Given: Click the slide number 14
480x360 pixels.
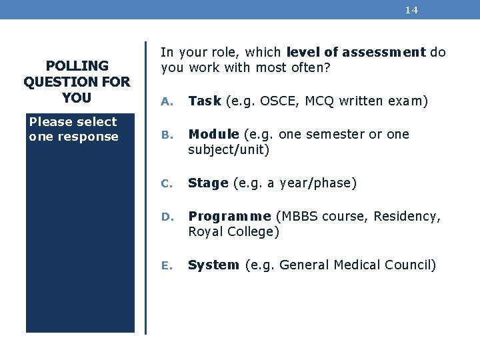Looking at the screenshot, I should click(x=411, y=10).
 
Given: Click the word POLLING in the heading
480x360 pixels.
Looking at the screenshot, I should click(x=77, y=66).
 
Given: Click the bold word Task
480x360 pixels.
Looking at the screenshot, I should click(x=205, y=101).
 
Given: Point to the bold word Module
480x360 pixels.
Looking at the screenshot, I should click(x=213, y=134).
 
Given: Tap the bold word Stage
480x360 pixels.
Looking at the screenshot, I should click(x=208, y=183).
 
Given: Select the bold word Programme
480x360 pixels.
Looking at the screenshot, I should click(x=229, y=216).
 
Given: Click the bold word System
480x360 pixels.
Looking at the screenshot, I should click(x=213, y=265).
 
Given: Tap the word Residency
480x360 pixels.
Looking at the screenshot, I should click(x=407, y=216).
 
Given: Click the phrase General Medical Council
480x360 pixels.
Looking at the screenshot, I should click(x=357, y=265).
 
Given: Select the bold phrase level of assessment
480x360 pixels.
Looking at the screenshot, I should click(x=355, y=52).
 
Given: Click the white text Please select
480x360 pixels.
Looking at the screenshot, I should click(x=73, y=122).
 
